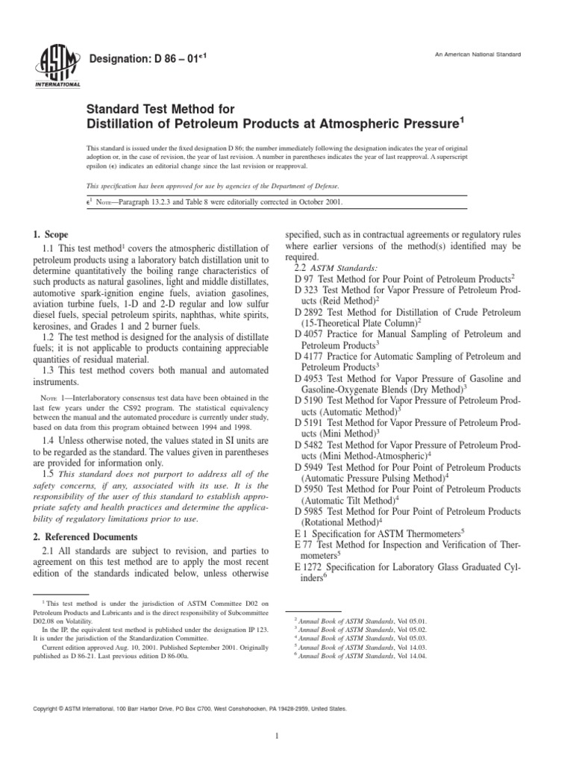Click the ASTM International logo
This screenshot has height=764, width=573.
56,66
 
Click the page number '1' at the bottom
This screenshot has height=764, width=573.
276,736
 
